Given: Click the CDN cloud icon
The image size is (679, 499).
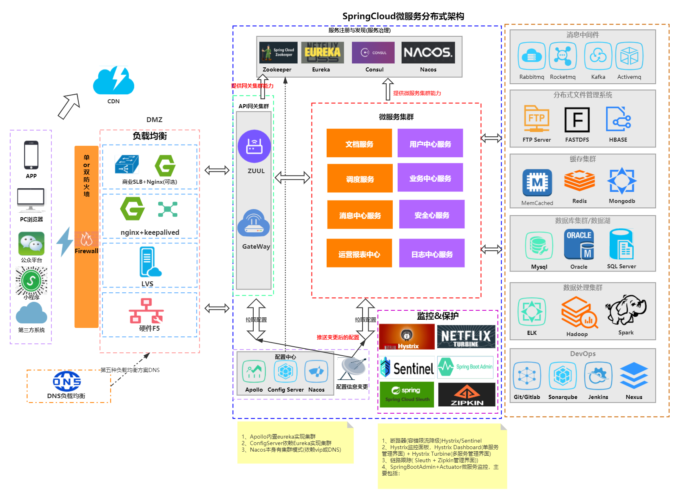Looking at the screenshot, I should tap(113, 81).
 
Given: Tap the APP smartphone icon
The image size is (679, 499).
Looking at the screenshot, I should tap(31, 155).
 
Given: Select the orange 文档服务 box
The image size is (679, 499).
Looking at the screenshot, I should tap(359, 143).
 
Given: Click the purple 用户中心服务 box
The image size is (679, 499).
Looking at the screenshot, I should tap(430, 143).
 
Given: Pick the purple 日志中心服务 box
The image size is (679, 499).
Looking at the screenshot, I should tap(432, 254).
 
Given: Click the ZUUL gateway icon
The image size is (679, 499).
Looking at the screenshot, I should tap(254, 146).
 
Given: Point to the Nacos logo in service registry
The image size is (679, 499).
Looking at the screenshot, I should tap(428, 53).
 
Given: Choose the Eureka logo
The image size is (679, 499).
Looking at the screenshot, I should tap(322, 53).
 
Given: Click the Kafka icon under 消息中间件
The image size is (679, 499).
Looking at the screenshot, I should tap(598, 56).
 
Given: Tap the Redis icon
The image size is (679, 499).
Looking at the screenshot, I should tap(579, 181).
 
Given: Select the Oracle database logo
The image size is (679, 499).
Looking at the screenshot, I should tap(579, 245).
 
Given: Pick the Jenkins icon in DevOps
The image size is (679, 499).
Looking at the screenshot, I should tap(598, 376).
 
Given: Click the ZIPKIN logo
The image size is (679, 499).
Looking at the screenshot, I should tap(467, 394).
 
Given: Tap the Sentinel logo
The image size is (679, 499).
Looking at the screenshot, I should tap(407, 368).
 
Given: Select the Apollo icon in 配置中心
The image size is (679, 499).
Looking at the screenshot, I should tap(254, 372).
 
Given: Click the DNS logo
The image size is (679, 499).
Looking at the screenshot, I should tap(66, 381).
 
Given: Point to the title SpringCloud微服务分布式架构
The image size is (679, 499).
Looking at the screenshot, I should tap(403, 16).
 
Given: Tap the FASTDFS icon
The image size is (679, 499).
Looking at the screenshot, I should tap(577, 120).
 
